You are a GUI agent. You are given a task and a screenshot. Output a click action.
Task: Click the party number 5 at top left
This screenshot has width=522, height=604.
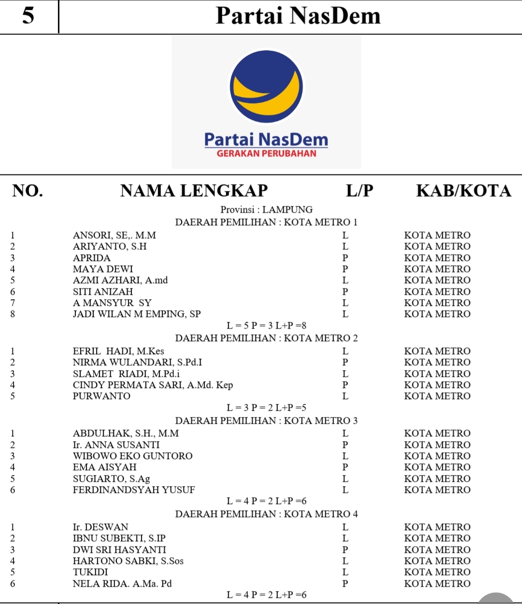click(x=28, y=16)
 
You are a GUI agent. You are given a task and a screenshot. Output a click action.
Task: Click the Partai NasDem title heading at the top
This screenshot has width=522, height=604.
click(x=298, y=16)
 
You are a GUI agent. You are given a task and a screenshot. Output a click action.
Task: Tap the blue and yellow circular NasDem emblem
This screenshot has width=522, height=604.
click(x=266, y=87)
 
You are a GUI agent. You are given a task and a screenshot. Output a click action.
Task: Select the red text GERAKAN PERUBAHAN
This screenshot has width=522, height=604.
click(x=266, y=154)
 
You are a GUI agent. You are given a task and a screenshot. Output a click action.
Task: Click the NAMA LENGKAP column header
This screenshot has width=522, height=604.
click(x=194, y=191)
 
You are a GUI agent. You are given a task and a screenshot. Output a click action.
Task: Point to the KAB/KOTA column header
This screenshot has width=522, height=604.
click(x=464, y=191)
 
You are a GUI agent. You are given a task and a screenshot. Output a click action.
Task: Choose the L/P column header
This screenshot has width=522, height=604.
click(x=360, y=191)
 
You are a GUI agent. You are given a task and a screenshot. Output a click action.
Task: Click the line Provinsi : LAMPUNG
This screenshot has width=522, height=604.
click(x=266, y=210)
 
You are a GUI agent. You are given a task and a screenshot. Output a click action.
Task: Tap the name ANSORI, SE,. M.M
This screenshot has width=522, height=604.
click(x=115, y=235)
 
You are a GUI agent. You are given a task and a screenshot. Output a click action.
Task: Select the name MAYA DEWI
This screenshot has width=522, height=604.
click(x=103, y=269)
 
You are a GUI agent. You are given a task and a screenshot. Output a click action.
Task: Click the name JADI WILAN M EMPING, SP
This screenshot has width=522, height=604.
click(x=137, y=314)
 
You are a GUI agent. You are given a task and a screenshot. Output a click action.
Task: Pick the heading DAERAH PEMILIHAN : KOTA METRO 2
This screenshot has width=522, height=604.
click(x=266, y=338)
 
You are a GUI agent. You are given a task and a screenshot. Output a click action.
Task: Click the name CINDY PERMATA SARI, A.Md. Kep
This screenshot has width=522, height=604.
click(x=153, y=385)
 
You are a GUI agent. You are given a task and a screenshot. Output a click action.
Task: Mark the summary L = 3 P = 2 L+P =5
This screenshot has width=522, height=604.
click(x=266, y=408)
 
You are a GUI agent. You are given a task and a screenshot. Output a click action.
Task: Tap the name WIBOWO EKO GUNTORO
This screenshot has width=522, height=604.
click(x=132, y=456)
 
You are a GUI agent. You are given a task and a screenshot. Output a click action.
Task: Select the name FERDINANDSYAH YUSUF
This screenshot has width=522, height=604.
click(x=134, y=490)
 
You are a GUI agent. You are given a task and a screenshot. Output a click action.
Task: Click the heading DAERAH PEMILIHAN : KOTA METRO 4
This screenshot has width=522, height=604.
click(x=266, y=514)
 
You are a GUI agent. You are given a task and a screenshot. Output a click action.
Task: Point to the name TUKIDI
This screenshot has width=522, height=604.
click(x=90, y=572)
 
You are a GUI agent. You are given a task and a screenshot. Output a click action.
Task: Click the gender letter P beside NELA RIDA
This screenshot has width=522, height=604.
click(x=345, y=584)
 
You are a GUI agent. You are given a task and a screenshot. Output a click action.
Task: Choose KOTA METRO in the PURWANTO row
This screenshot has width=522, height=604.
click(x=437, y=396)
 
